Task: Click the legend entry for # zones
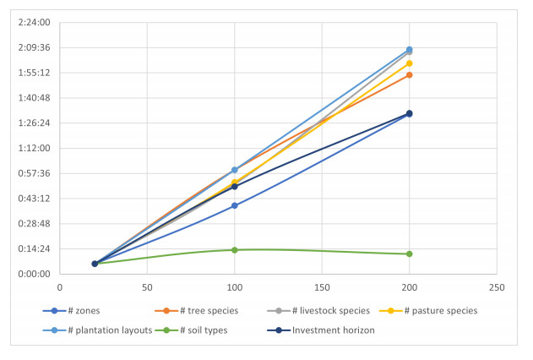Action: coord(72,311)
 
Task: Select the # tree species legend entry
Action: coord(197,311)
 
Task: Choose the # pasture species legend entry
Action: coord(428,311)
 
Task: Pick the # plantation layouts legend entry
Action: coord(97,330)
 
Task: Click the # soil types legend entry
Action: coord(191,330)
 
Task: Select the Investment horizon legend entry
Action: coord(321,330)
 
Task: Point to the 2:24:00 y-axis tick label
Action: coord(34,23)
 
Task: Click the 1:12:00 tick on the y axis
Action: coord(34,148)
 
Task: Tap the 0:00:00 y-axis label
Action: coord(34,274)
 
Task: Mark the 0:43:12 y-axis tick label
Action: coord(34,199)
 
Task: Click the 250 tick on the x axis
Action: coord(497,287)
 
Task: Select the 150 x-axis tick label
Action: coord(322,287)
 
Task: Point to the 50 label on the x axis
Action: coord(147,287)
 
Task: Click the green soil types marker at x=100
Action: coord(235,250)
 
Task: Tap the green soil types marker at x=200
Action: coord(410,254)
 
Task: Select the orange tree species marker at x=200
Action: coord(410,74)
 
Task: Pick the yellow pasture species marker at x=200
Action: coord(410,63)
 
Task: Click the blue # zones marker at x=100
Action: coord(235,205)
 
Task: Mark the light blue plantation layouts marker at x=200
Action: coord(410,50)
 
